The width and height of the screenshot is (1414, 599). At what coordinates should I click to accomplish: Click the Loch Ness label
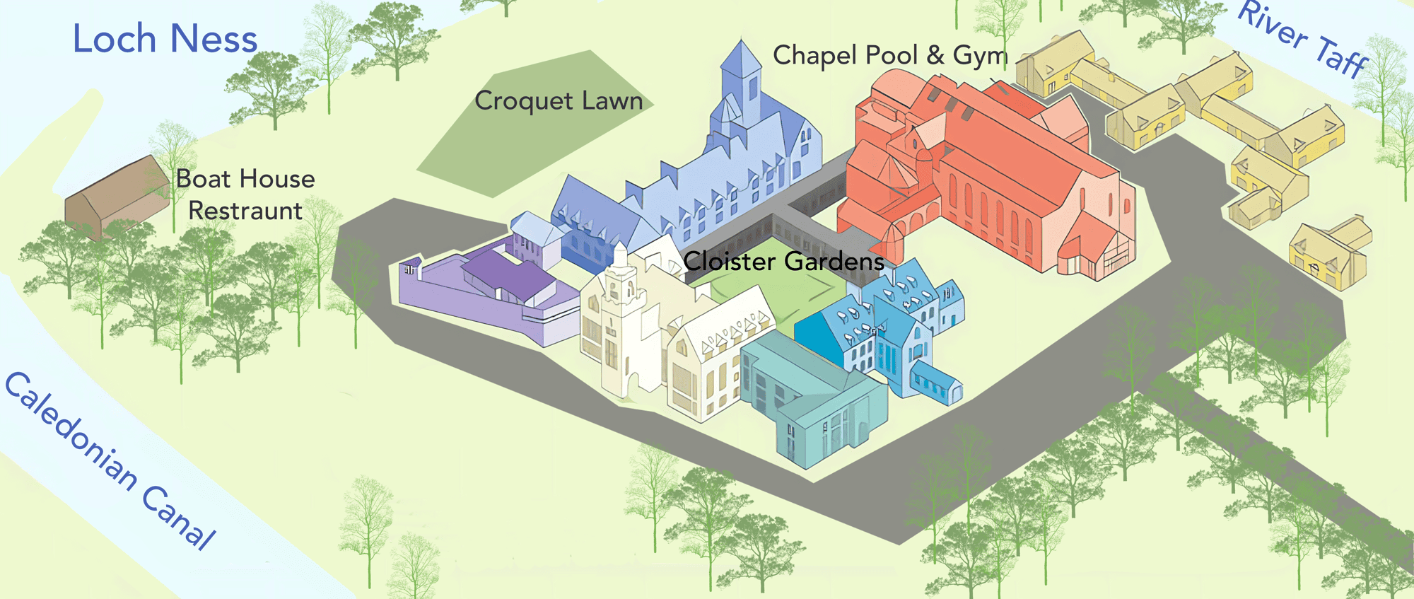tap(165, 40)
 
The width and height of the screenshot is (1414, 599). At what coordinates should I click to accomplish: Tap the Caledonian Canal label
tap(110, 460)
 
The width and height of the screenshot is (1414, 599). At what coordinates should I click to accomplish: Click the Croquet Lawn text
tap(559, 101)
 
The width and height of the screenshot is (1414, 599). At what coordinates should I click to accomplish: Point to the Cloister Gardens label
tap(783, 262)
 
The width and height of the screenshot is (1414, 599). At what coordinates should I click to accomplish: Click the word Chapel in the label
tap(816, 55)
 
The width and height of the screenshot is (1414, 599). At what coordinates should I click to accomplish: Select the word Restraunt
tap(245, 211)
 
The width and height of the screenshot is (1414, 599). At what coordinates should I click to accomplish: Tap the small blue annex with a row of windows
tap(935, 382)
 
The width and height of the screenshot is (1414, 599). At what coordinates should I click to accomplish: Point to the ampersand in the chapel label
tap(935, 56)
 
